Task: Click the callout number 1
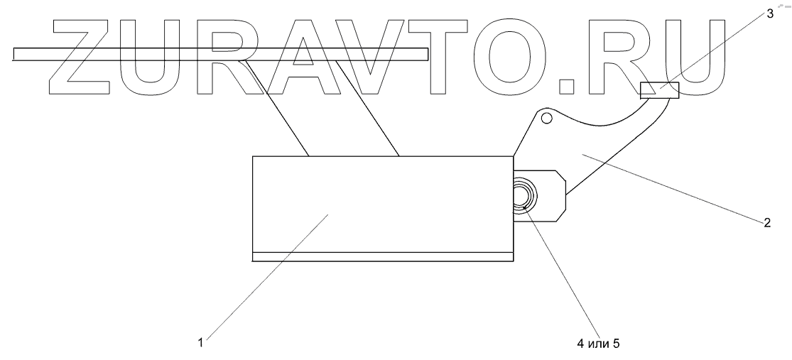pyautogui.click(x=202, y=342)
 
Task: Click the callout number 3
pyautogui.click(x=770, y=13)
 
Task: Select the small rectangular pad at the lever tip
pyautogui.click(x=659, y=90)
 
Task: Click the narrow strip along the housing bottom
pyautogui.click(x=382, y=256)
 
